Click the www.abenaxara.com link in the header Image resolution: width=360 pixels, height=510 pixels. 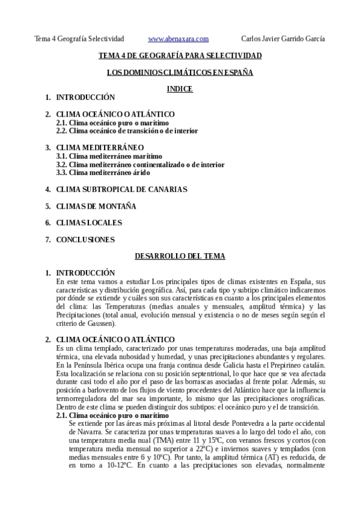[x=178, y=39]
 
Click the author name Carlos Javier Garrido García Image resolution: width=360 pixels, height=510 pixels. [x=282, y=39]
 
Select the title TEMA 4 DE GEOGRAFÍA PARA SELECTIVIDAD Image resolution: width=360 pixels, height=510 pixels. [x=180, y=56]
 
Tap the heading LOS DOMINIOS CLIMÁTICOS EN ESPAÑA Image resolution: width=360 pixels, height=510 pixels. [x=180, y=72]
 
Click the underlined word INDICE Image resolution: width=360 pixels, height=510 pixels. [x=179, y=89]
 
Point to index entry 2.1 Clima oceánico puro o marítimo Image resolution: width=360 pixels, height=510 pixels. [x=112, y=122]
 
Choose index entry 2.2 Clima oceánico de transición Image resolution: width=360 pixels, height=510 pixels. [x=127, y=131]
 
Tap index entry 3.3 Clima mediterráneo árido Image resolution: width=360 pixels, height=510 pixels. [x=103, y=173]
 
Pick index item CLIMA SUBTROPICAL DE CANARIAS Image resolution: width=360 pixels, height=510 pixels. [x=121, y=189]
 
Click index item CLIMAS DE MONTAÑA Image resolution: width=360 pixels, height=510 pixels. [x=96, y=206]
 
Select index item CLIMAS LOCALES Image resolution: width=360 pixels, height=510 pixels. [x=89, y=223]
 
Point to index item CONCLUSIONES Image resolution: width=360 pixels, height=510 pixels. [x=85, y=240]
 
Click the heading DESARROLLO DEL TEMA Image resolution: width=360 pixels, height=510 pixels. [x=180, y=257]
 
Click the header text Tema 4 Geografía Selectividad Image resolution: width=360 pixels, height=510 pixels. [x=79, y=39]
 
